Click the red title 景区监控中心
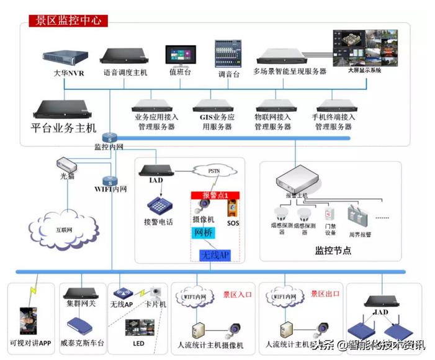(x=68, y=20)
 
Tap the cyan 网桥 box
(x=204, y=233)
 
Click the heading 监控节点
(x=333, y=251)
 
